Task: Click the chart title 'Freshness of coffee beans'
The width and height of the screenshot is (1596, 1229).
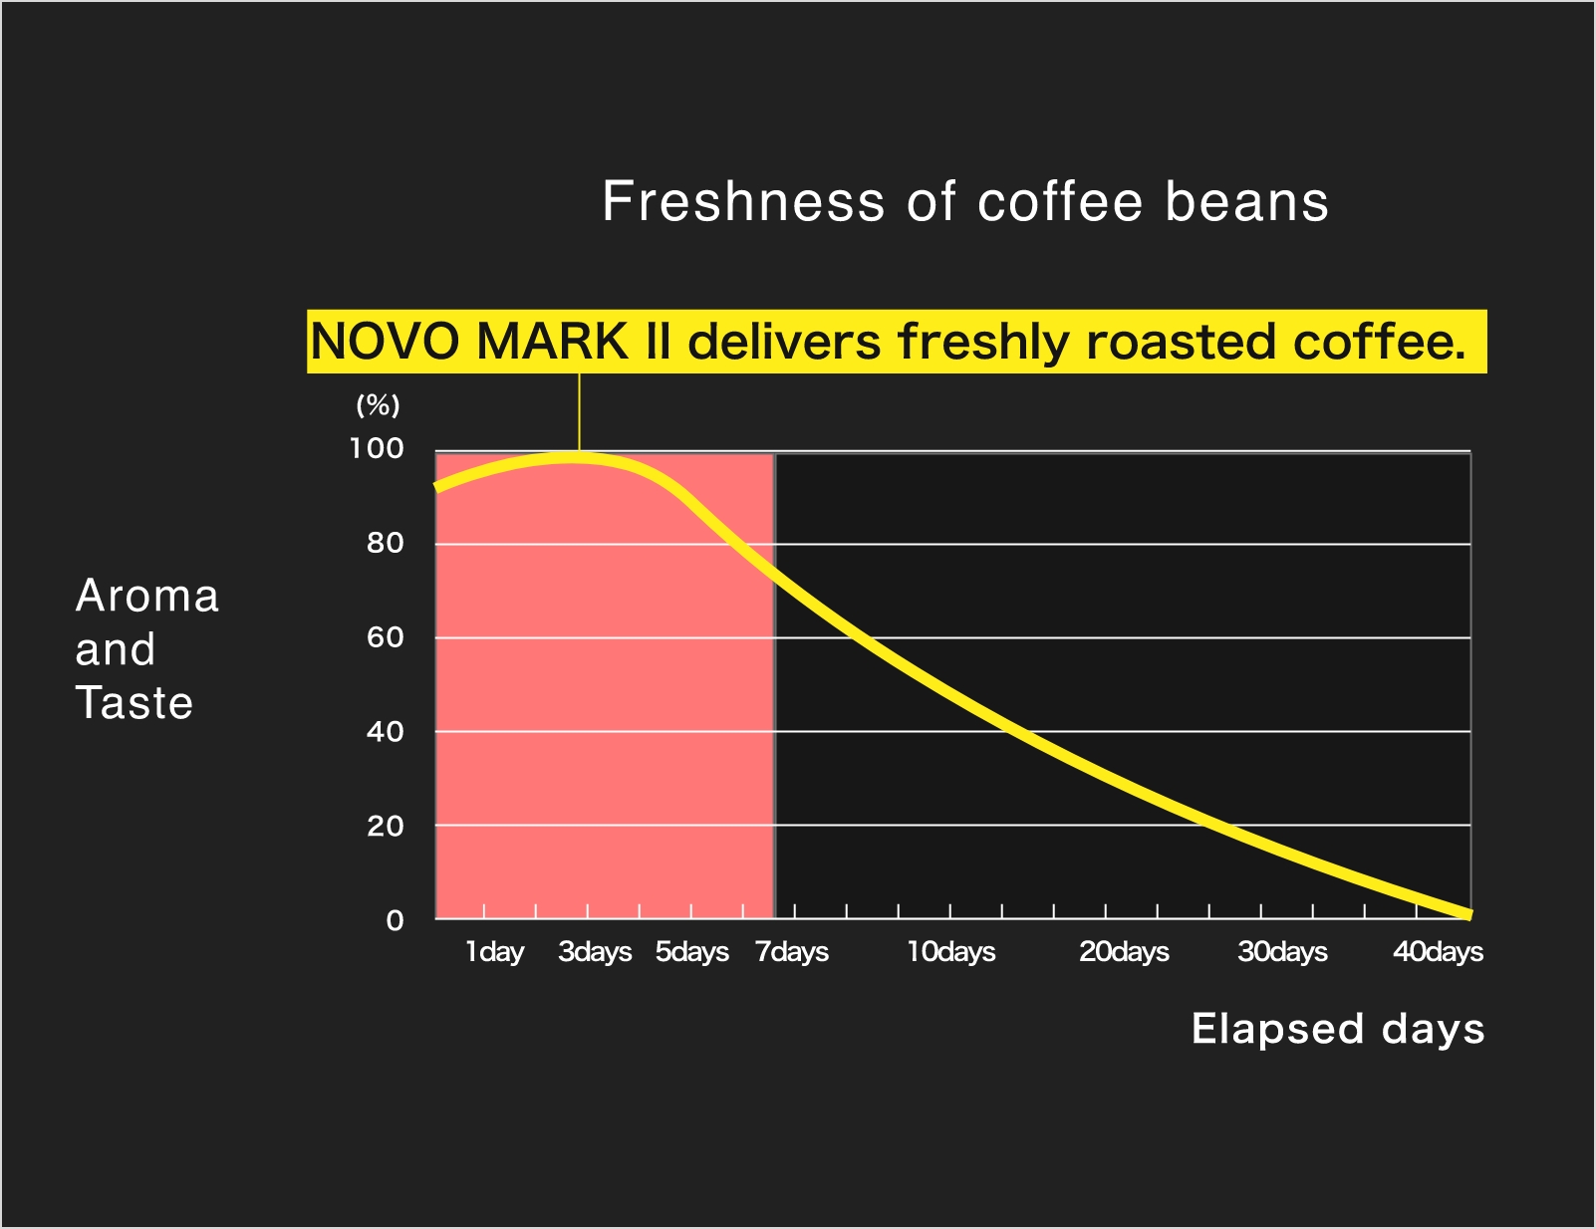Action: coord(965,201)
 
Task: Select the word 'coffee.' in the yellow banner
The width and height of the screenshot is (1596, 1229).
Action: coord(1380,342)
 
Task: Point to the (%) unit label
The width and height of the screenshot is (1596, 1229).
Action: coord(378,404)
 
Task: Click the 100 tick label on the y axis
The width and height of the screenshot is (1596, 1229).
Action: coord(376,448)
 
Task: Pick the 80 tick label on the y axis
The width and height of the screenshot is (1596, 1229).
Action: coord(385,543)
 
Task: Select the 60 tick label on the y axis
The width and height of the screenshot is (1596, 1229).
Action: coord(385,637)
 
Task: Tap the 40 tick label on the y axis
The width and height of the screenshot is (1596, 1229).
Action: coord(385,731)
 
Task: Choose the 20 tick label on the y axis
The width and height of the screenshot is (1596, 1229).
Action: coord(385,827)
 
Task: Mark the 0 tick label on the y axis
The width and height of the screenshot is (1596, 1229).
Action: coord(396,920)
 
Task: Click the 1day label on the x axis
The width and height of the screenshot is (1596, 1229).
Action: coord(494,952)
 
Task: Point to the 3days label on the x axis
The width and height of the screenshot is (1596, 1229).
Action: coord(595,952)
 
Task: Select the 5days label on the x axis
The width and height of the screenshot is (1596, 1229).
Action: coord(691,952)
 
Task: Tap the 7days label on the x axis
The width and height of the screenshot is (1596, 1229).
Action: coord(792,952)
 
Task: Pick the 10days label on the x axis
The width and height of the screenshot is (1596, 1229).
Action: coord(951,952)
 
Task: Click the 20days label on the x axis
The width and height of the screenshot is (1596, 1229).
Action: coord(1124,952)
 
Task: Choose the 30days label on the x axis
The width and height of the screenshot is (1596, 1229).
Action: coord(1282,952)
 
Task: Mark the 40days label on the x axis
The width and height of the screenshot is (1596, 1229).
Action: coord(1438,952)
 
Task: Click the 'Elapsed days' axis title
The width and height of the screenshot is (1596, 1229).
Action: coord(1337,1029)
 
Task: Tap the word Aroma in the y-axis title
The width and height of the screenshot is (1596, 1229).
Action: coord(146,595)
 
